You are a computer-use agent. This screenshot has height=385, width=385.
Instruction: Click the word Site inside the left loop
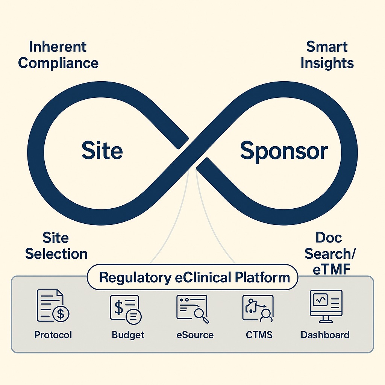(x=102, y=151)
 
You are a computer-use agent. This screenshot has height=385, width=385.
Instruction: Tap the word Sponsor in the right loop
(x=284, y=151)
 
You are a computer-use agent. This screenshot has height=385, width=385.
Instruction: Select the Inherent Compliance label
(x=58, y=55)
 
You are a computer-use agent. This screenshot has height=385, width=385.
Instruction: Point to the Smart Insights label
(x=327, y=55)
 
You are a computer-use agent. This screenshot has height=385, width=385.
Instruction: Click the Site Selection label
(x=56, y=246)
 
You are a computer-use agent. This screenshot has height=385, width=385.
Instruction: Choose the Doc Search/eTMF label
(x=330, y=254)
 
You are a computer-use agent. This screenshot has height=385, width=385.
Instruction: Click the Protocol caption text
(x=53, y=335)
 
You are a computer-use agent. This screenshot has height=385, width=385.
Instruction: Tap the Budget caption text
(x=128, y=335)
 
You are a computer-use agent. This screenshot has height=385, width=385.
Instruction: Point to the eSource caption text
(x=195, y=335)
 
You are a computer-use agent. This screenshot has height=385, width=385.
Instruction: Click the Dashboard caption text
(x=325, y=335)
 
